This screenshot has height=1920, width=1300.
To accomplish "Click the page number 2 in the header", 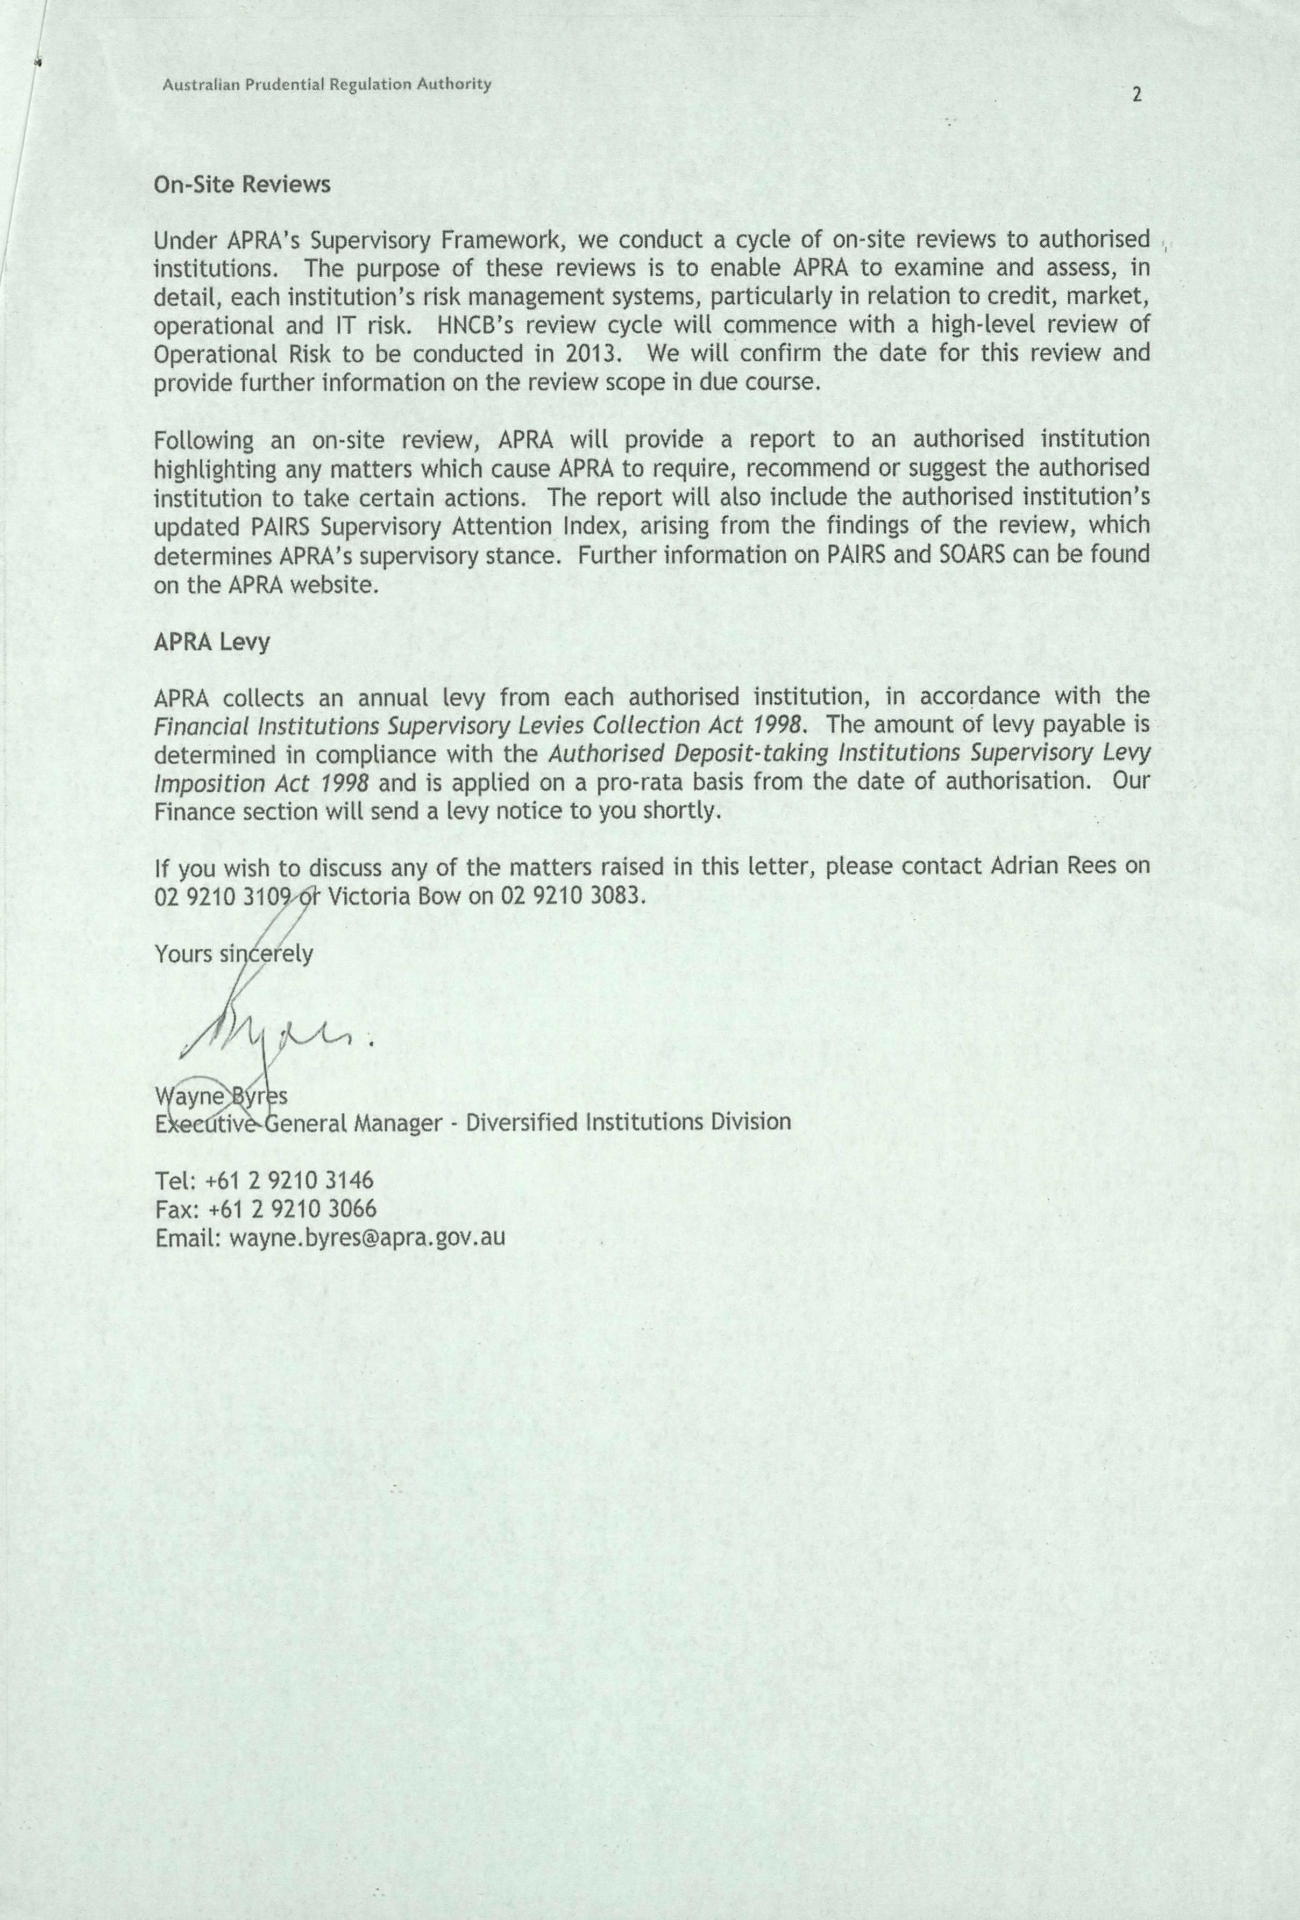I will point(1136,95).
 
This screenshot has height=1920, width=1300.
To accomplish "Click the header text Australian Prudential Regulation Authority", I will point(326,84).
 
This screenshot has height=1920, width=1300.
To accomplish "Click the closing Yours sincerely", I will point(234,954).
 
